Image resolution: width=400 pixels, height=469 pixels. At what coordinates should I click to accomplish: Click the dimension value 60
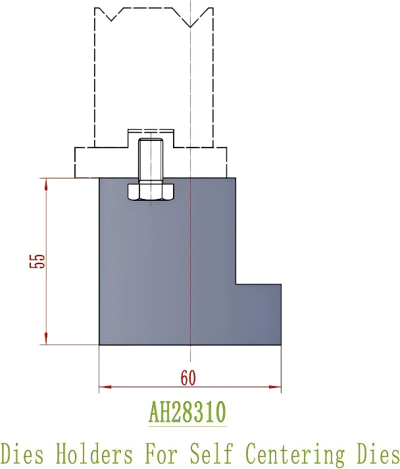pyautogui.click(x=188, y=378)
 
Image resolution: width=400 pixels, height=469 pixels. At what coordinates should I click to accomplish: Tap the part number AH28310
pyautogui.click(x=187, y=413)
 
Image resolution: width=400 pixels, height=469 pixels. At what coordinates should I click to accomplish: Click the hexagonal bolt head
pyautogui.click(x=150, y=192)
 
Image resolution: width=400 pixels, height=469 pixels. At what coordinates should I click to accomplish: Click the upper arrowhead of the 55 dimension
pyautogui.click(x=46, y=184)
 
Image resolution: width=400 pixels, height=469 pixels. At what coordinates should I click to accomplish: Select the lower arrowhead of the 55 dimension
pyautogui.click(x=46, y=339)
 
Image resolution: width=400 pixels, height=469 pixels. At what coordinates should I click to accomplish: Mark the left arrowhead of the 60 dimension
pyautogui.click(x=105, y=387)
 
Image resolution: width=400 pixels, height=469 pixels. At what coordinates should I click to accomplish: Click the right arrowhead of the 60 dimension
pyautogui.click(x=276, y=387)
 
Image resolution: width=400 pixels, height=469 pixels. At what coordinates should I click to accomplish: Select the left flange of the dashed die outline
pyautogui.click(x=86, y=162)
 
